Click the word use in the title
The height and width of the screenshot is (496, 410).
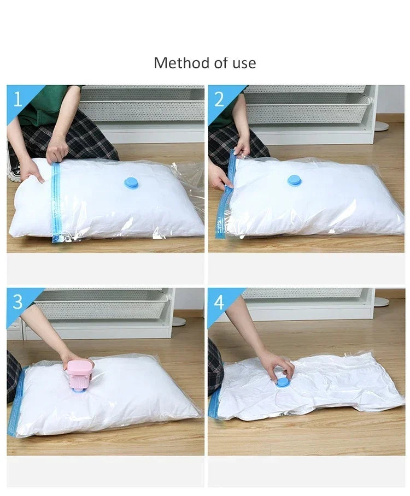point(243,63)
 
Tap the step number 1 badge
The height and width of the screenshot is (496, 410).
point(17,99)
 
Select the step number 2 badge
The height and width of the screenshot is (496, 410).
point(219,99)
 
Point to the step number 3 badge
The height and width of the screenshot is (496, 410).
point(17,302)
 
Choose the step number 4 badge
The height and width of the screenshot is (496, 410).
point(219,302)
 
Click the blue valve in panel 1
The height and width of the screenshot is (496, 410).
point(131,182)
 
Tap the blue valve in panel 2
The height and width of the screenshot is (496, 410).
point(295,180)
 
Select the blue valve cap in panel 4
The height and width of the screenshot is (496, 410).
point(283,382)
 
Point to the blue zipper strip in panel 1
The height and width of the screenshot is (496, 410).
point(55,202)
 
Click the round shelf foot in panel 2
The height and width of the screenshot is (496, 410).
point(382,126)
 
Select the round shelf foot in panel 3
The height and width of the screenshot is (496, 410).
point(179,321)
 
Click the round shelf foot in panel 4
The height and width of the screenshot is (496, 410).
point(382,302)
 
